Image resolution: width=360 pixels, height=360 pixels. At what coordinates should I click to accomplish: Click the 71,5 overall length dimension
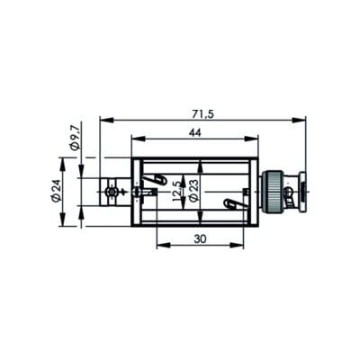(x=202, y=114)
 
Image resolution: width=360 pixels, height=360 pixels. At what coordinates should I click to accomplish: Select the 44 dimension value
(x=194, y=133)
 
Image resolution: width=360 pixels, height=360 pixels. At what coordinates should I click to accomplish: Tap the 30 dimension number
(x=200, y=239)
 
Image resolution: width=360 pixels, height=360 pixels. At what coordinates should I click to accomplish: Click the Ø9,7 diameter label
(x=75, y=138)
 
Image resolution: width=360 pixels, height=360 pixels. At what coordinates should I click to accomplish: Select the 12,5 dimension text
(x=177, y=192)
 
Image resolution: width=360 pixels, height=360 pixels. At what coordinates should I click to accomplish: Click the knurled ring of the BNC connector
(x=273, y=192)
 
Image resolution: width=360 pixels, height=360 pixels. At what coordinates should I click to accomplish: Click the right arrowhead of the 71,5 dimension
(x=299, y=121)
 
